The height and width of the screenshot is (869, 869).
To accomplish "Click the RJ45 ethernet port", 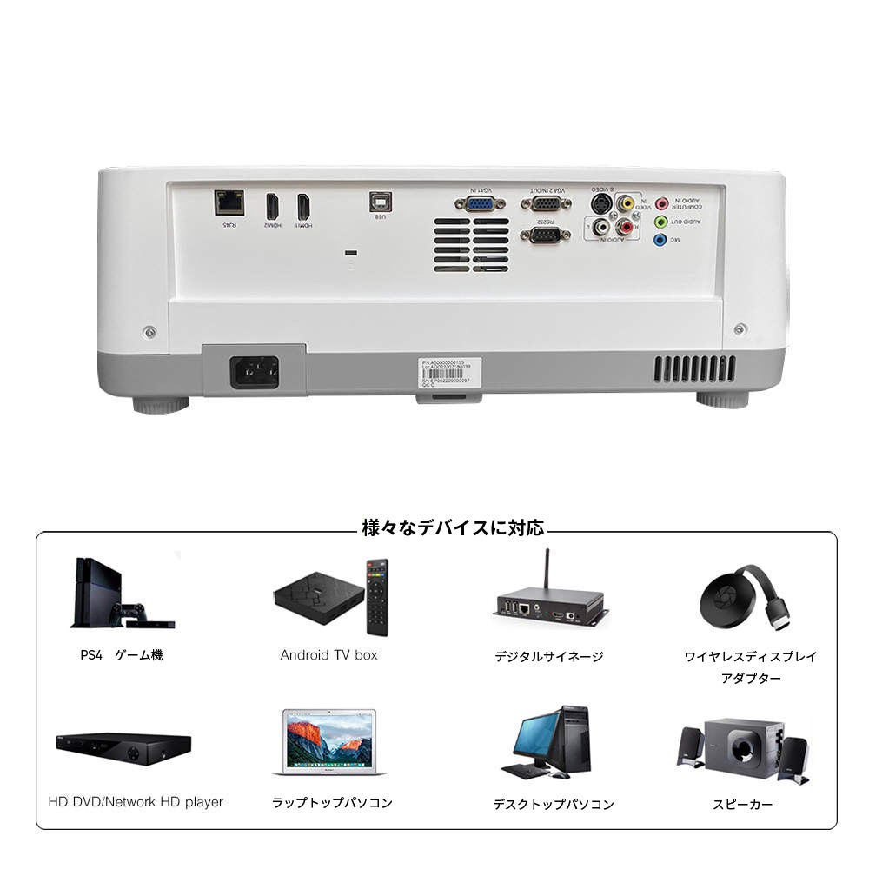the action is [x=229, y=202].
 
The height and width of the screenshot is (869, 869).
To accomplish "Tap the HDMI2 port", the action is [x=272, y=206].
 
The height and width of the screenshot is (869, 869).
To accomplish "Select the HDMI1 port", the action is [x=303, y=206].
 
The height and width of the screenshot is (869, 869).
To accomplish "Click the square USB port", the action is [x=380, y=200].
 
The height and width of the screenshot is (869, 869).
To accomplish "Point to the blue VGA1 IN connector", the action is [x=480, y=203].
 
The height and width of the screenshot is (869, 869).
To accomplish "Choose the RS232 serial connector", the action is [x=545, y=234].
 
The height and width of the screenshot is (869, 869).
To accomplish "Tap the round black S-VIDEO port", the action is [x=600, y=203].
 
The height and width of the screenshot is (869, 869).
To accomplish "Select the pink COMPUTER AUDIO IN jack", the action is [x=661, y=204].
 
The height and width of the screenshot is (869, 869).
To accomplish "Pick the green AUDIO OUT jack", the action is [x=660, y=222].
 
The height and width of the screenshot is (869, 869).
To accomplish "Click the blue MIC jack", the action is [x=660, y=239].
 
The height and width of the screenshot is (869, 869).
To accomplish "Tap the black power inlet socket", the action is [x=255, y=372].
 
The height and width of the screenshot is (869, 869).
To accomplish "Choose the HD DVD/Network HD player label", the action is [x=136, y=802].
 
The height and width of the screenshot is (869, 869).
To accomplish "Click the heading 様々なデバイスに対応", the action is [x=453, y=527].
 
